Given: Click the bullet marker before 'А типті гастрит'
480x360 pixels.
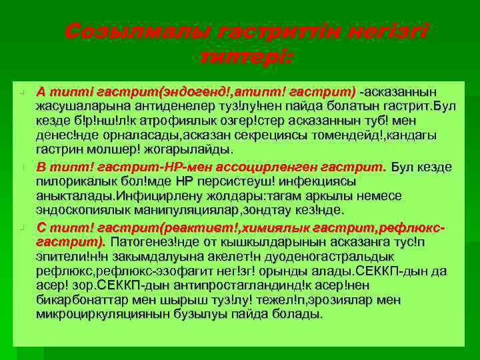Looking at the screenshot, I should tap(22, 92).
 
